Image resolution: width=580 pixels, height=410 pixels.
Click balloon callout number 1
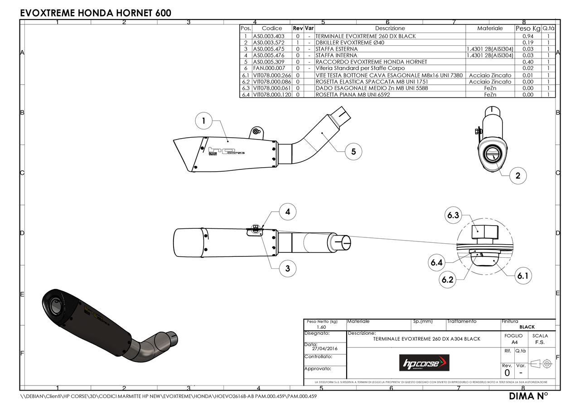coord(204,121)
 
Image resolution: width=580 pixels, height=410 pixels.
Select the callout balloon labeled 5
coord(353,152)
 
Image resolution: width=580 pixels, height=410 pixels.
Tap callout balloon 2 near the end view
coord(518,176)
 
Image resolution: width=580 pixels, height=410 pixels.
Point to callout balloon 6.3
coord(453,215)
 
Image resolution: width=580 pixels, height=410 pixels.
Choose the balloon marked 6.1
coord(523,275)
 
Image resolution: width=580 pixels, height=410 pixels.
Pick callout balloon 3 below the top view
coord(287,268)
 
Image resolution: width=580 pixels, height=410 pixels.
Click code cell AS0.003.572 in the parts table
coord(269,42)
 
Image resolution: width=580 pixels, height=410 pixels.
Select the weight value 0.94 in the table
coord(527,36)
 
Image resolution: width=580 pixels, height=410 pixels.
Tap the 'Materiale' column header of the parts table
coord(490,28)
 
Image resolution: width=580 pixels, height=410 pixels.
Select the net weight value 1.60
coord(321,327)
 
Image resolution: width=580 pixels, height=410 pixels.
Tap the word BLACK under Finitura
coord(527,327)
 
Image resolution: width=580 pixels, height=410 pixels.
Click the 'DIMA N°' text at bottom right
coord(528,396)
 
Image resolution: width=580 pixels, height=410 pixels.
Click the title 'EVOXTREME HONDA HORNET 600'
coord(96,13)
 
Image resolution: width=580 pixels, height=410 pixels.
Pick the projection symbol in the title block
coord(542,363)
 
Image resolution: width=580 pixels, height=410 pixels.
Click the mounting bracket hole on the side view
coord(256,131)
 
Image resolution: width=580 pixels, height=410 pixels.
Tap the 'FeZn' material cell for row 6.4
coord(490,95)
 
